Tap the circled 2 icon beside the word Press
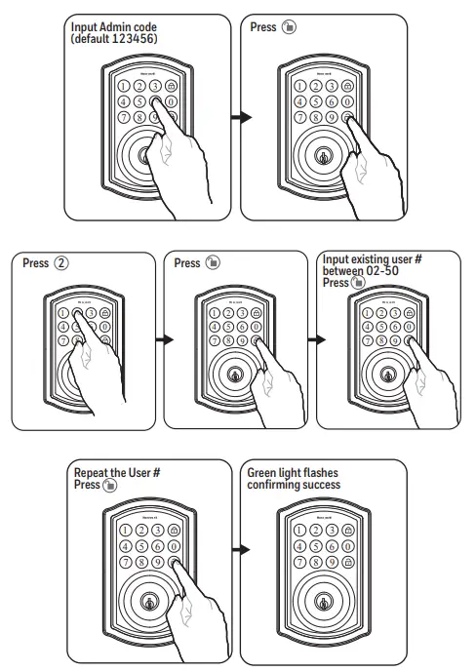click(x=62, y=263)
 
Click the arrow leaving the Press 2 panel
click(x=166, y=340)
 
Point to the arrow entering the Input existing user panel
click(x=317, y=340)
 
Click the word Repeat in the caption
click(x=95, y=472)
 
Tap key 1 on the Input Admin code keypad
click(x=125, y=85)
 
